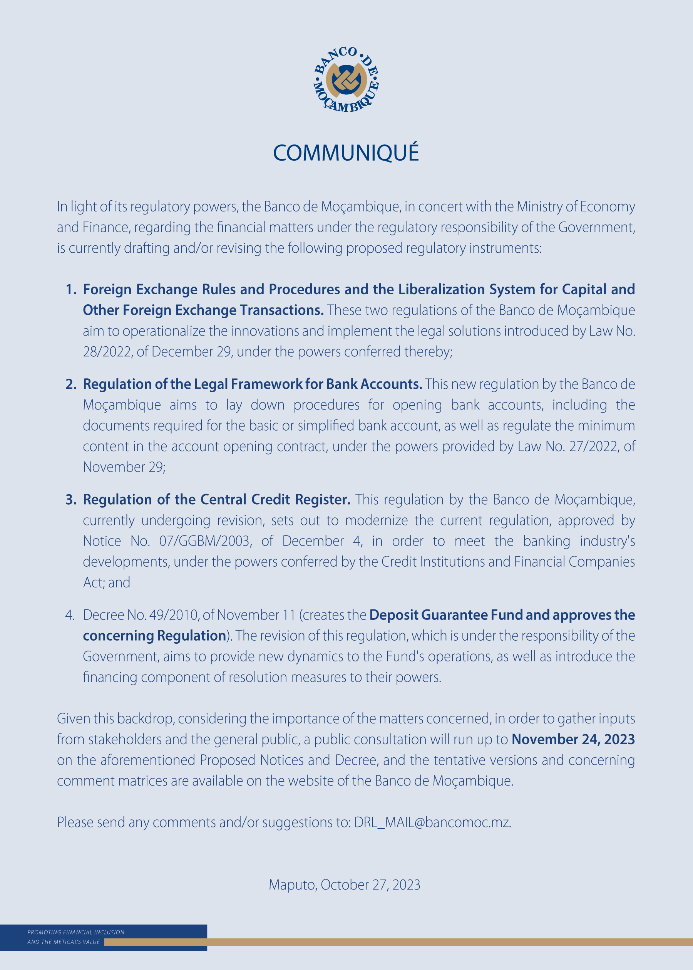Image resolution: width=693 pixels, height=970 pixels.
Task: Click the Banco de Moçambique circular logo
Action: tap(346, 80)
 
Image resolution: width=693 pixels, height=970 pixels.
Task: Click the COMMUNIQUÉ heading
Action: tap(346, 153)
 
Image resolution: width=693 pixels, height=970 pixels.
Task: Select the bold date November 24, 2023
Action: tap(573, 739)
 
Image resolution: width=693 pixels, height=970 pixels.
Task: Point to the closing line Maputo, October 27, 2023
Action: tap(344, 884)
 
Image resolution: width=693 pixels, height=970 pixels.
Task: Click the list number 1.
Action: tap(71, 289)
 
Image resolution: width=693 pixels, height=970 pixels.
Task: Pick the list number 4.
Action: tap(70, 615)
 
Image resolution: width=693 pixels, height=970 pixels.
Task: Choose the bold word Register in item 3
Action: tap(323, 499)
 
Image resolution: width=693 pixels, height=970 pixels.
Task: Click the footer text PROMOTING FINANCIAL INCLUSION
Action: tap(76, 932)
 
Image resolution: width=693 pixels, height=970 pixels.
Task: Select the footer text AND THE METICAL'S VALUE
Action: tap(64, 942)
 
